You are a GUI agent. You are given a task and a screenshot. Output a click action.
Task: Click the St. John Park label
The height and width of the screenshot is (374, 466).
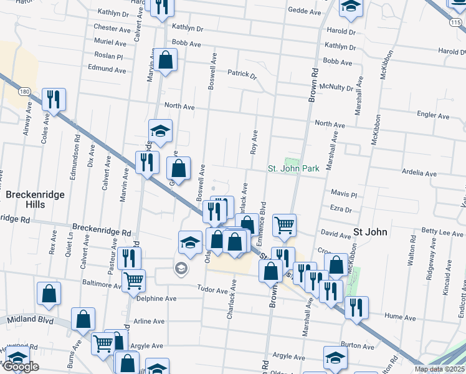tap(293, 168)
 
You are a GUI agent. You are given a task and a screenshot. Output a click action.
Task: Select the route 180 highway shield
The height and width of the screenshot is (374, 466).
tap(24, 92)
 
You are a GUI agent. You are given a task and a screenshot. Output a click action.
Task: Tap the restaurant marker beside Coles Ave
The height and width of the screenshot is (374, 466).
tap(54, 100)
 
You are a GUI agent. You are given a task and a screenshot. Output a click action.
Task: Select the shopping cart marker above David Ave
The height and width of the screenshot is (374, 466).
tap(284, 225)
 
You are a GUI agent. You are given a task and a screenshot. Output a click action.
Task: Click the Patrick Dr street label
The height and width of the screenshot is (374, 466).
tap(242, 74)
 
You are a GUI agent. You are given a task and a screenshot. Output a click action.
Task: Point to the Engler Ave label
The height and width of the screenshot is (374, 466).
tap(433, 116)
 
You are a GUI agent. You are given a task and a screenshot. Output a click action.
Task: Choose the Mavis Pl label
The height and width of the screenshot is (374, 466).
tap(344, 194)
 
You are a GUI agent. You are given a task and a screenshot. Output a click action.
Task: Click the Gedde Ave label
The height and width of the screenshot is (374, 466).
tap(304, 11)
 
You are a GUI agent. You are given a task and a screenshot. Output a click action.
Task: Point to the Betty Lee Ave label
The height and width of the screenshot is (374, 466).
tap(443, 232)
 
